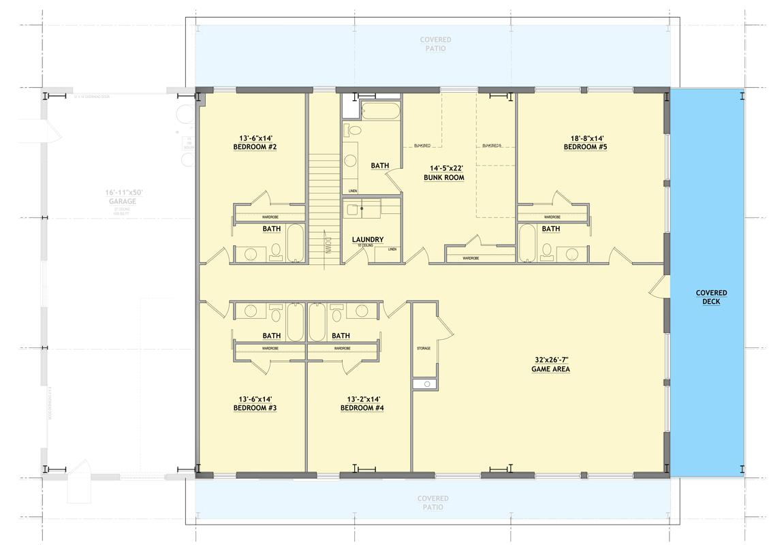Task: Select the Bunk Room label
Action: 445,178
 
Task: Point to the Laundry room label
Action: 368,240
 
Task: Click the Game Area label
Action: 550,369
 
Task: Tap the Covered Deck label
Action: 711,297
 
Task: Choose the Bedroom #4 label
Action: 362,408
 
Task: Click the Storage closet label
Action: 424,348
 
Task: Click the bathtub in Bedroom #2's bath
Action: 295,243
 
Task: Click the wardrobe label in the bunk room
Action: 471,258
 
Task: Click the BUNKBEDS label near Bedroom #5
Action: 491,145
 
